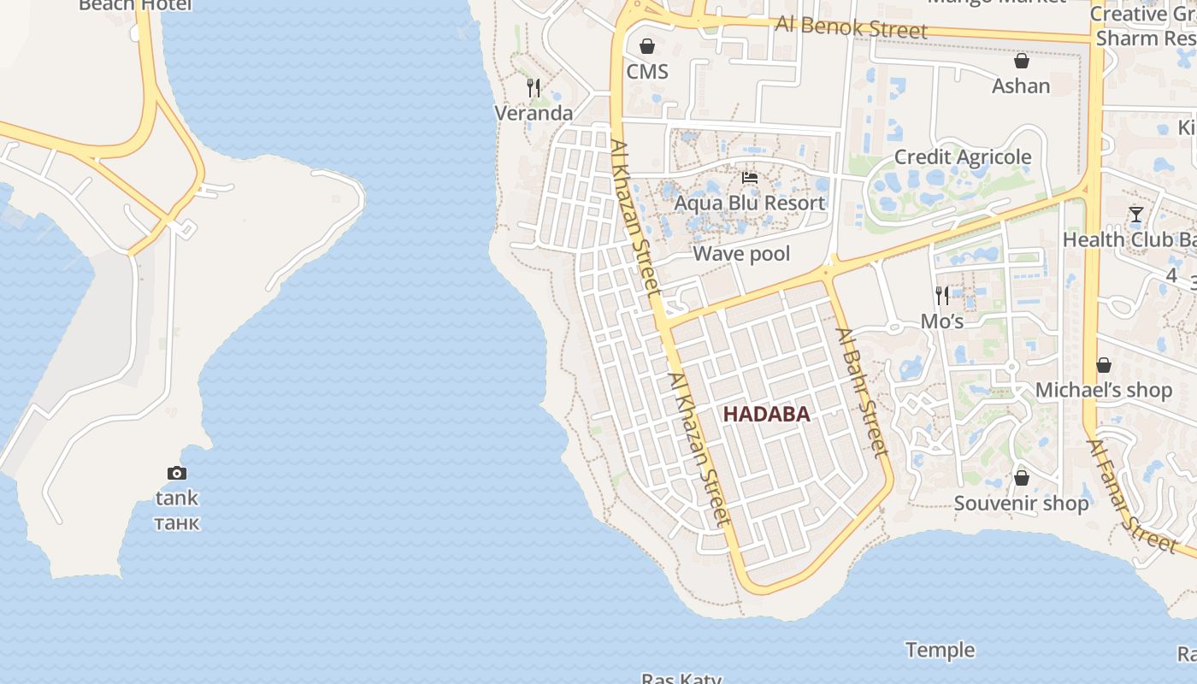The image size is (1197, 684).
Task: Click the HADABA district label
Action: [x=766, y=415]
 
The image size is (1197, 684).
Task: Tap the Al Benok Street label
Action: [x=851, y=27]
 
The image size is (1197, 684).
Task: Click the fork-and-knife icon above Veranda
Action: [x=534, y=87]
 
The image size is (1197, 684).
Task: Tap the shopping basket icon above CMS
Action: [x=647, y=46]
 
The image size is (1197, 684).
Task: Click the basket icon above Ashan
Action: [x=1021, y=61]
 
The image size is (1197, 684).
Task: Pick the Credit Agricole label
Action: [x=963, y=157]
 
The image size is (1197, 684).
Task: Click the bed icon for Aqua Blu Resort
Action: [x=750, y=178]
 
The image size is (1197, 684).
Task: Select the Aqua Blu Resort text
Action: [x=750, y=203]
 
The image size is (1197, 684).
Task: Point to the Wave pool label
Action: [x=741, y=254]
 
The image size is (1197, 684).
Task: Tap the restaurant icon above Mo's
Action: [x=942, y=296]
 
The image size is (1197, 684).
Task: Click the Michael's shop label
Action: [x=1103, y=391]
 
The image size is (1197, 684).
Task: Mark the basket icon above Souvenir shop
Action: [x=1021, y=478]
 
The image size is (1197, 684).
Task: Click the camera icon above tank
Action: [x=177, y=473]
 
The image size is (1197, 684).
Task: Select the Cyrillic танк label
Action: [x=177, y=522]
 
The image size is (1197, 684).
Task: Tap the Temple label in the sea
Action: [x=940, y=651]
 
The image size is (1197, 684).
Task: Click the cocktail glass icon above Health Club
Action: [x=1135, y=215]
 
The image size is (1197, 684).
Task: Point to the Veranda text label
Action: [x=534, y=114]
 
